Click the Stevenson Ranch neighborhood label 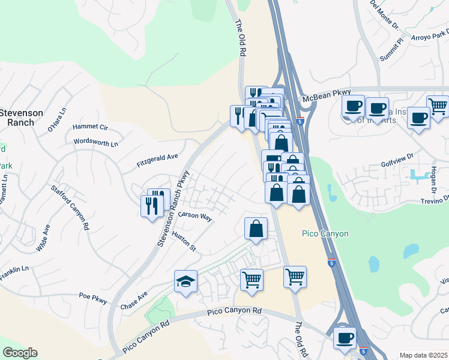point(21,117)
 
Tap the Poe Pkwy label point(93,296)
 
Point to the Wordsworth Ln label point(95,143)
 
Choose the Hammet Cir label point(89,127)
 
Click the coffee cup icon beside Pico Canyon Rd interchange point(345,338)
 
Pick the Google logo point(20,353)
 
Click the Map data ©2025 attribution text point(423,355)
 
